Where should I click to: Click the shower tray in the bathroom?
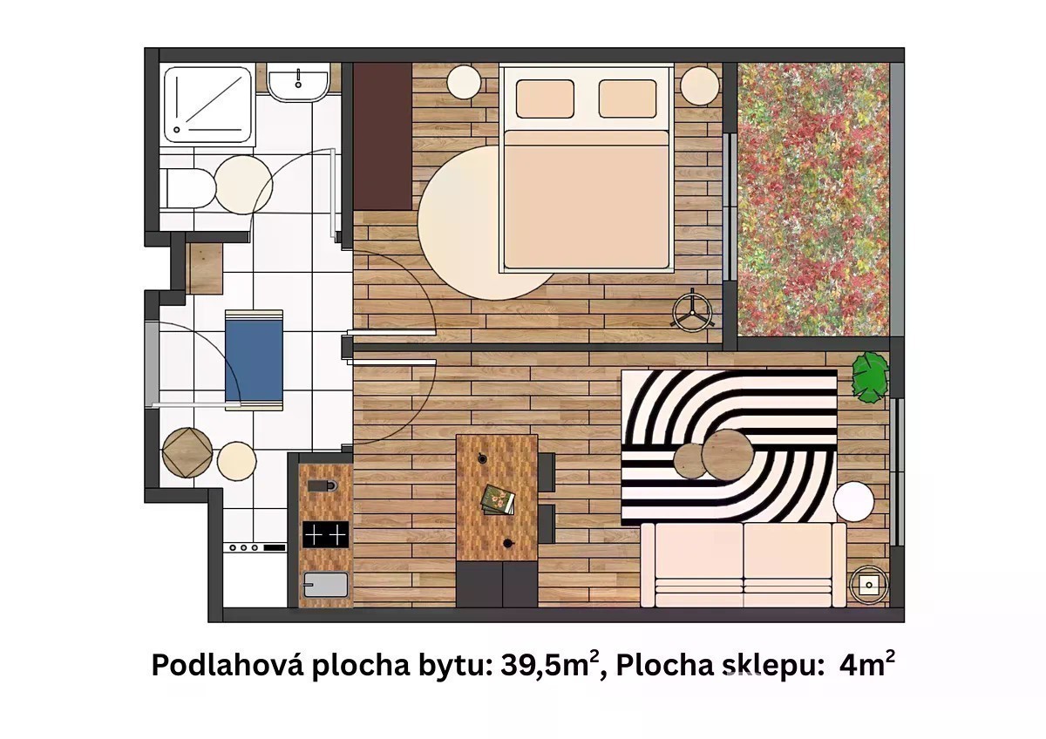(208, 105)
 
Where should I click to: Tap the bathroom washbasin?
(298, 83)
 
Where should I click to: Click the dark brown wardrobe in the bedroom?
(383, 136)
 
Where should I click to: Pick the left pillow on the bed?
(545, 99)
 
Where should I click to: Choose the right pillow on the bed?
(628, 98)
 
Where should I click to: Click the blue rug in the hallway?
(254, 360)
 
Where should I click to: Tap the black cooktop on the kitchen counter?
(325, 534)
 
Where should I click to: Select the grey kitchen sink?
(325, 585)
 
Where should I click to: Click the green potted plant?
(870, 377)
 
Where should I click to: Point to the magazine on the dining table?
(498, 499)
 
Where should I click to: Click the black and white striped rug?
(729, 448)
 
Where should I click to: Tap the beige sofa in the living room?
(744, 565)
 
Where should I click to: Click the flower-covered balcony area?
(813, 200)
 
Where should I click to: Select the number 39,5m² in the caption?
(550, 665)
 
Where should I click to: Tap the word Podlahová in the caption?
(228, 665)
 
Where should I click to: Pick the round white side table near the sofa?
(853, 500)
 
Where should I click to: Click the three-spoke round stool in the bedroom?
(692, 310)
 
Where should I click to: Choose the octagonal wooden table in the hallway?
(187, 452)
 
